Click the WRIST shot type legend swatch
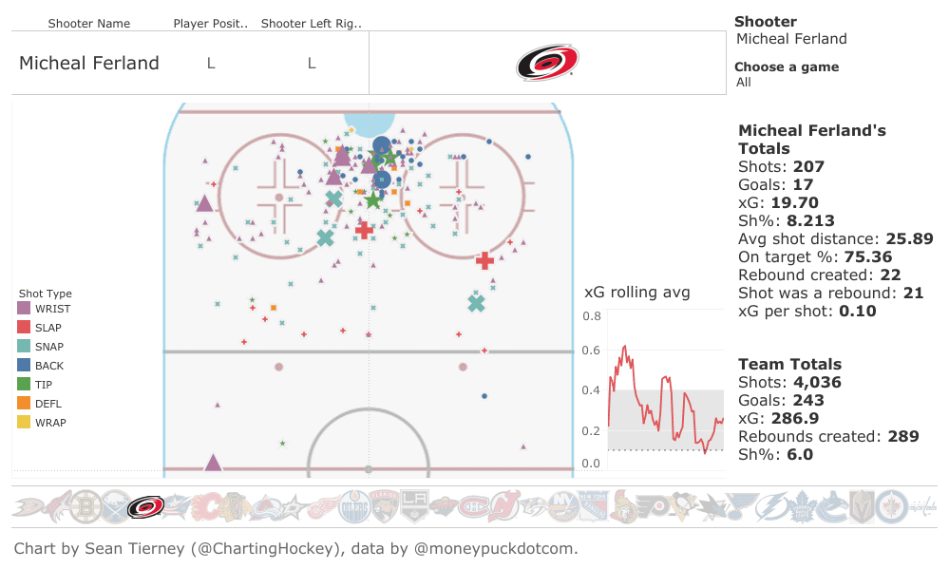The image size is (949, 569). point(24,309)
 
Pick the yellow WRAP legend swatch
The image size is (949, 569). point(24,423)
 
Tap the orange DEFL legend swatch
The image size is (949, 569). point(24,404)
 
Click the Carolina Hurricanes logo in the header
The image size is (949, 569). point(547,63)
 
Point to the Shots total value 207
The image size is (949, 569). point(808,167)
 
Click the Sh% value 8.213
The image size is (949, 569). point(815,220)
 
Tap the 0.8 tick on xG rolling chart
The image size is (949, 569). point(592,316)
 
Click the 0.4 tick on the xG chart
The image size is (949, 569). point(592,390)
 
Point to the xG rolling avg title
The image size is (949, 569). point(636,293)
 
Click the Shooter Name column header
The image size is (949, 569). point(89,23)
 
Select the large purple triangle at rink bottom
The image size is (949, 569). point(213,463)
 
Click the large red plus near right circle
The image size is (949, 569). point(484,259)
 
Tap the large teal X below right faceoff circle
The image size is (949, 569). point(477,303)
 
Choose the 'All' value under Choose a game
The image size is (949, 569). point(744,83)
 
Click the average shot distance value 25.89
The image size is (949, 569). point(909,238)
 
